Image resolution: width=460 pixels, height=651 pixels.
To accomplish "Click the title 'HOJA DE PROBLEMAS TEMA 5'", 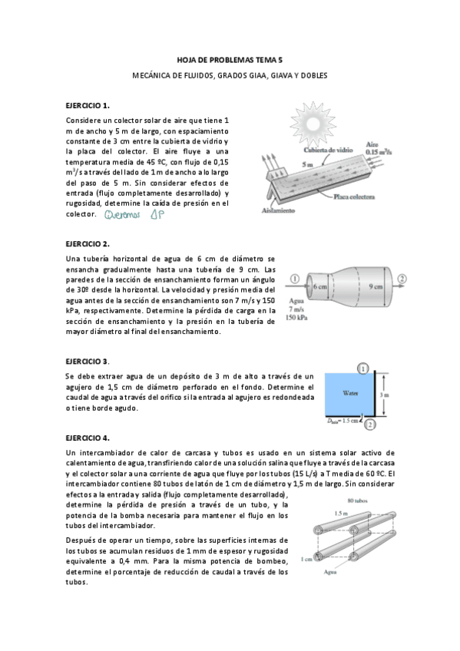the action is tap(230, 59).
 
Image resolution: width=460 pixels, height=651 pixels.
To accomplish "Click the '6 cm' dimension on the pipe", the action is tap(320, 286).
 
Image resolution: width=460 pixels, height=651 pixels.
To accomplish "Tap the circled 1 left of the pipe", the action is tap(295, 278).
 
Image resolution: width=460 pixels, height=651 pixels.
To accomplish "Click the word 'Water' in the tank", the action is tap(349, 392).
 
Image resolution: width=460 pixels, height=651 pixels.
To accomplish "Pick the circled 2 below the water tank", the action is tap(370, 424).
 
